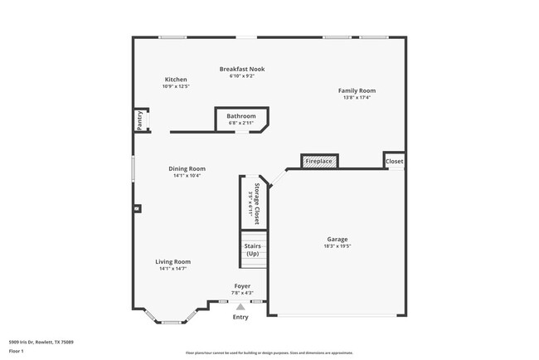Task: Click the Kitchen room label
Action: click(175, 80)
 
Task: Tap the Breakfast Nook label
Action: click(241, 69)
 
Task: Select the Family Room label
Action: click(357, 90)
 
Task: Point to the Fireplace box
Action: click(318, 161)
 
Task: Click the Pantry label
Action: click(140, 120)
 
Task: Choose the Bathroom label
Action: click(241, 116)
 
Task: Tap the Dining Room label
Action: click(187, 168)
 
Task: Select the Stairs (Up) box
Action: click(253, 250)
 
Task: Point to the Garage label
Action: click(337, 240)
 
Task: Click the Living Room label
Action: click(172, 261)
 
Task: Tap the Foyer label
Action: click(241, 286)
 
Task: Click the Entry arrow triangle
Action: click(240, 306)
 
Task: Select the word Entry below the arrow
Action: click(240, 317)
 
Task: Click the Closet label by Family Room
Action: click(394, 162)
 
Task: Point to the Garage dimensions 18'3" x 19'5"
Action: click(337, 246)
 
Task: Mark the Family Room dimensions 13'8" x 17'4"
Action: click(357, 97)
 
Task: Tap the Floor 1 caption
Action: click(17, 352)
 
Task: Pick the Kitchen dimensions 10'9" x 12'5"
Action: click(175, 86)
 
